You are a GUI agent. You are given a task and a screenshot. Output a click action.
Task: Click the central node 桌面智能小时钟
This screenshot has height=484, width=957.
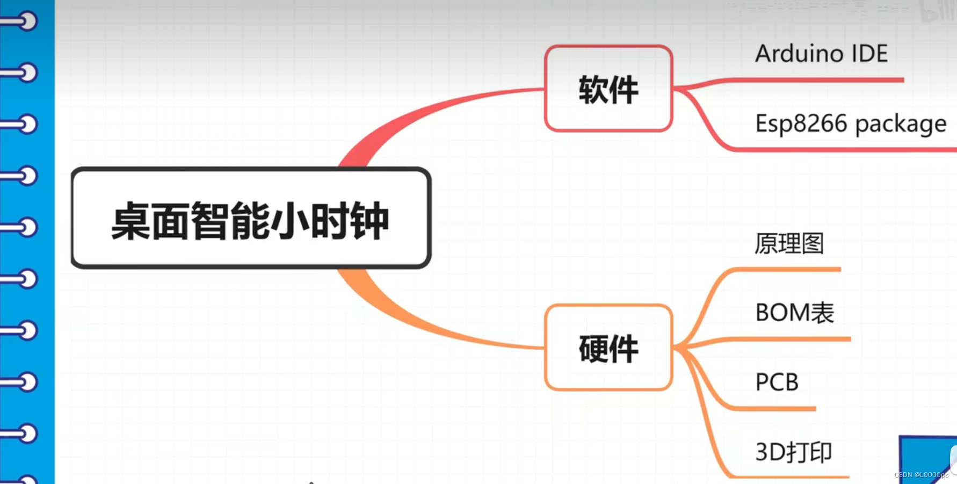point(251,219)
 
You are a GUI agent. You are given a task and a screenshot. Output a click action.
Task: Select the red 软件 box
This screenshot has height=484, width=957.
point(608,89)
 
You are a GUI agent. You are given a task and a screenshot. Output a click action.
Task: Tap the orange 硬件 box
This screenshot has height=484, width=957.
point(608,348)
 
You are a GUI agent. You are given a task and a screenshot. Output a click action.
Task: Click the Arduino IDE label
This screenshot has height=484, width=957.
point(821,54)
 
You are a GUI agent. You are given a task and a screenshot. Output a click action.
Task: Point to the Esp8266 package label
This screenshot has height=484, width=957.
point(850,124)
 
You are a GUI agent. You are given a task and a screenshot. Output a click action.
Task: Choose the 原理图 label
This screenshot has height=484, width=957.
point(789,243)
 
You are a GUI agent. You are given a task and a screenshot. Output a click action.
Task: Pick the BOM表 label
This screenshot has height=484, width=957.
point(794,313)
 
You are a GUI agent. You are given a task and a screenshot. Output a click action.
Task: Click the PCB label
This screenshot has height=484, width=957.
point(777,382)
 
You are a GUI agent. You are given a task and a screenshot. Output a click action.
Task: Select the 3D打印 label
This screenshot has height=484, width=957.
point(793,452)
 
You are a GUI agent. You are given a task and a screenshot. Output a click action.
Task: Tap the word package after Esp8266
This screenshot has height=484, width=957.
point(901,125)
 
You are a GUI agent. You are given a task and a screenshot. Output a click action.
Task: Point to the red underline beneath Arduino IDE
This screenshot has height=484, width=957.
point(816,80)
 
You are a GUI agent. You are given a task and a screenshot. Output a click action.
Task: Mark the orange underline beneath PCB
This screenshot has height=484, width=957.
point(779,409)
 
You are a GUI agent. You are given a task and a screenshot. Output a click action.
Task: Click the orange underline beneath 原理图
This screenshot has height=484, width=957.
point(789,270)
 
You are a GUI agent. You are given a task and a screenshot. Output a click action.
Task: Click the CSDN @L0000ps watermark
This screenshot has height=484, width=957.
point(922,475)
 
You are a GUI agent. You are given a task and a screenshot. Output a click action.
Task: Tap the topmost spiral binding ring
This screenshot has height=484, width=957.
point(21,21)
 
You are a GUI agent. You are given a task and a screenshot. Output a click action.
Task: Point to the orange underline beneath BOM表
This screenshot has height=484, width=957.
point(795,339)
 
